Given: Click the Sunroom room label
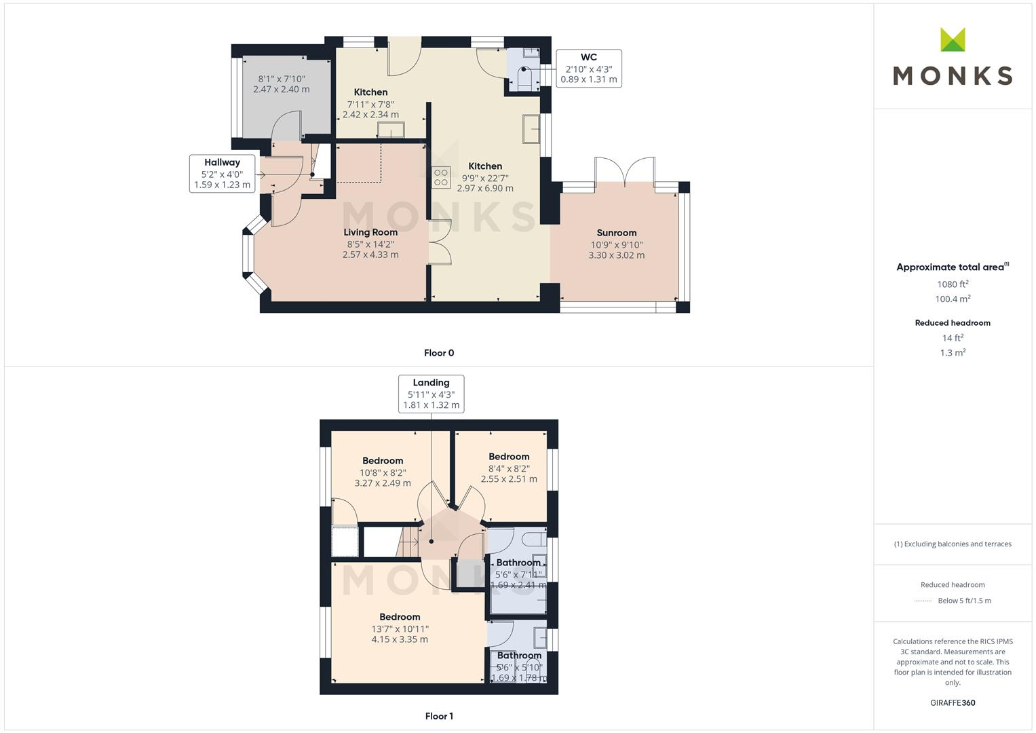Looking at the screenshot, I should (x=616, y=233).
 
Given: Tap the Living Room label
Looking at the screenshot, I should (x=370, y=232).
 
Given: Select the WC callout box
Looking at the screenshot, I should (x=588, y=68).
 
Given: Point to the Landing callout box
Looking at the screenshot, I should (x=431, y=394).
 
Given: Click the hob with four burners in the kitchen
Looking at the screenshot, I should (x=441, y=177).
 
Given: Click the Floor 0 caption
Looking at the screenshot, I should (x=439, y=353).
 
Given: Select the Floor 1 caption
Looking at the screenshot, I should (x=439, y=716).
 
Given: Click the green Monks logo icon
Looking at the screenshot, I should (x=953, y=40).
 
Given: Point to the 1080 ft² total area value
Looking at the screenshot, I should (x=953, y=284).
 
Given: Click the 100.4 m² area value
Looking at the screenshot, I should (x=953, y=299).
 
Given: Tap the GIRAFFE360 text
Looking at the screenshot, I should (x=953, y=702).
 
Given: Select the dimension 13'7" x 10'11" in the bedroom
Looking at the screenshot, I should (x=400, y=628).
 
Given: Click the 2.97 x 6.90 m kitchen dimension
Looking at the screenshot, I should (x=485, y=188).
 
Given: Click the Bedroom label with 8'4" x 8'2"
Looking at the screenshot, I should (x=509, y=457).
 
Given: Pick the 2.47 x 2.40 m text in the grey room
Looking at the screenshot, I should (x=282, y=89).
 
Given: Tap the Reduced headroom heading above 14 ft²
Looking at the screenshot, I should (x=953, y=323).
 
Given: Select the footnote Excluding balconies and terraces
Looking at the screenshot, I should (x=953, y=544).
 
